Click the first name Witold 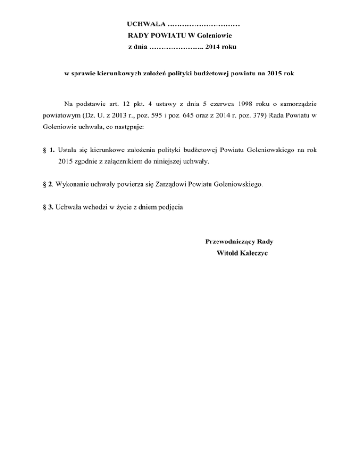pyautogui.click(x=227, y=253)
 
